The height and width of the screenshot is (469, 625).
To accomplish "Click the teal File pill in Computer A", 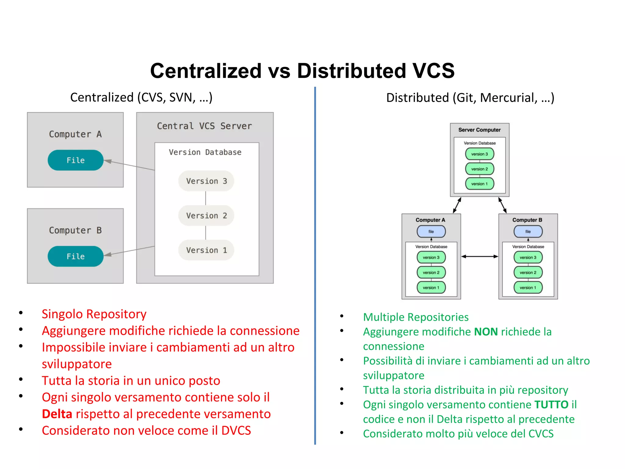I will point(75,160).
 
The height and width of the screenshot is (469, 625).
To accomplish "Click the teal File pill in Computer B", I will point(75,256).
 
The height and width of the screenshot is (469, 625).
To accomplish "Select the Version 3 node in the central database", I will point(206,181).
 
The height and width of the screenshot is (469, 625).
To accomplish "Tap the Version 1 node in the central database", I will point(206,250).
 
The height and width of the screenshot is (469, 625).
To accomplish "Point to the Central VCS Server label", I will point(204,126).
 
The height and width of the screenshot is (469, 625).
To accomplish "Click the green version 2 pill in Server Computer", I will point(479,169).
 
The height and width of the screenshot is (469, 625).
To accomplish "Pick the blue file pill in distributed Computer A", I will point(431,231).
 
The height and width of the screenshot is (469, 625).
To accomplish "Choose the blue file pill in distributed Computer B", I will point(528,231).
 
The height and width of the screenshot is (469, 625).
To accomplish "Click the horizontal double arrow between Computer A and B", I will point(479,256).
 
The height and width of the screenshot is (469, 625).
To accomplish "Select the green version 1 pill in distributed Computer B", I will point(528,287).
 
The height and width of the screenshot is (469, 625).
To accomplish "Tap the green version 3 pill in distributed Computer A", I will point(431,257).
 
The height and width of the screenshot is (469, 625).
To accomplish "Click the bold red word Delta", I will point(57,414).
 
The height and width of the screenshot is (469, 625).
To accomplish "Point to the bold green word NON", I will point(486,332).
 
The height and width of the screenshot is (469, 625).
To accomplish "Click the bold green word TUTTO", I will point(551,405).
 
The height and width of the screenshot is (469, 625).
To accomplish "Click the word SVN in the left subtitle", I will point(182,98).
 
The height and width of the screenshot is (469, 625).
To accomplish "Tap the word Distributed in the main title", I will point(351,71).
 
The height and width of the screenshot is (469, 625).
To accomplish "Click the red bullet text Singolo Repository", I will point(94,314).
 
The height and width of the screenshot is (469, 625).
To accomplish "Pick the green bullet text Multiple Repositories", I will point(416,317).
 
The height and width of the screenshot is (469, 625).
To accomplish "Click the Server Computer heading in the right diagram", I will point(479,130).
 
